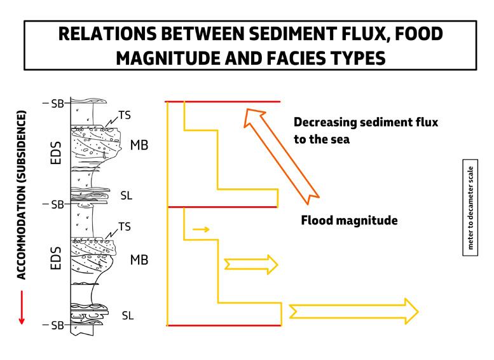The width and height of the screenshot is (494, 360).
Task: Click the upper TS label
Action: [x=124, y=116]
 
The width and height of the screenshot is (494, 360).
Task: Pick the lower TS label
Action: [x=125, y=226]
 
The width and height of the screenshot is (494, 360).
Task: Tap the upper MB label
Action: [x=139, y=145]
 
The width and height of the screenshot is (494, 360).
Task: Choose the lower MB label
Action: [x=139, y=260]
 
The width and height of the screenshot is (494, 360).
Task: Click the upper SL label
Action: [x=127, y=195]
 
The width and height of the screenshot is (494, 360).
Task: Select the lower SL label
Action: [x=127, y=315]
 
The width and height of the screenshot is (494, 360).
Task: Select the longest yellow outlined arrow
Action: [x=353, y=311]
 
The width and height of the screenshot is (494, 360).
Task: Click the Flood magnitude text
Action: [x=349, y=221]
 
